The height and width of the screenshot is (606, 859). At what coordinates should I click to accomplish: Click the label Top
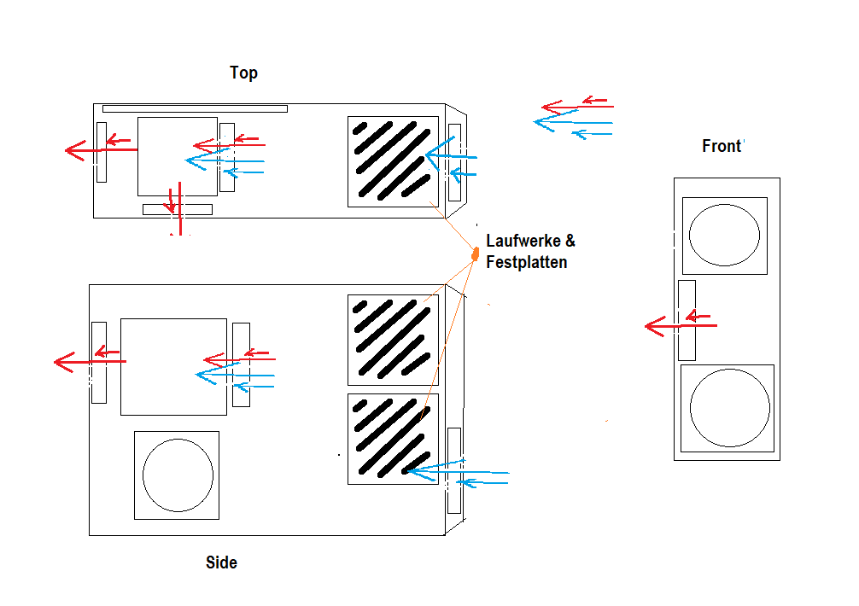coord(243,73)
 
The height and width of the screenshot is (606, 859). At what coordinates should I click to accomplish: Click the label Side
coord(221,562)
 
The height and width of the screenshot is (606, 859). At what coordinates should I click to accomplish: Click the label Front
coord(721,146)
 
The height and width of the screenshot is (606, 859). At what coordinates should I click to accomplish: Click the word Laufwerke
coord(523,242)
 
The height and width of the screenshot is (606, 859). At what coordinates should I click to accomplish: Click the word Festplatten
coord(526,262)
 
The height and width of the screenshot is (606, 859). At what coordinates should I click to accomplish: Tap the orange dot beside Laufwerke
coord(476,253)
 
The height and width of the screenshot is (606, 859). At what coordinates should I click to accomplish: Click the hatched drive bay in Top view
coord(393,161)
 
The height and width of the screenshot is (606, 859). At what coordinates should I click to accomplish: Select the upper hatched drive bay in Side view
coord(393,340)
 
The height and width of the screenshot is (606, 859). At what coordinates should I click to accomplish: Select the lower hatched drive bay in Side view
coord(393,439)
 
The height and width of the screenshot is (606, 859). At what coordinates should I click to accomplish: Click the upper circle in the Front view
coord(723,235)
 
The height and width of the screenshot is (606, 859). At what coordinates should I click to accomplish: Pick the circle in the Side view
coord(178,475)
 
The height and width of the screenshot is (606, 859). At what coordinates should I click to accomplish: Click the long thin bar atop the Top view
coord(195,108)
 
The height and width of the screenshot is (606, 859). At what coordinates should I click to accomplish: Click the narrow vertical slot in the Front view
coord(687,320)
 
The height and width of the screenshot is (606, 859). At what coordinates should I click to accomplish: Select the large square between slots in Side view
coord(173,366)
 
